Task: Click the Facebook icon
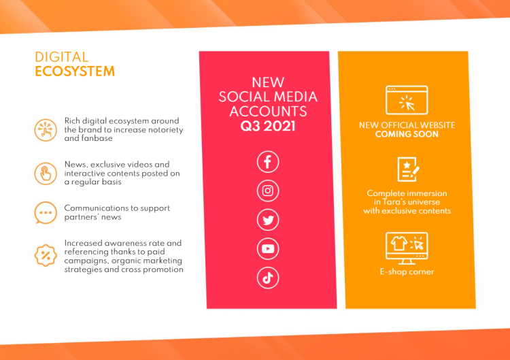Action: (x=268, y=161)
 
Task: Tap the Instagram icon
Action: (x=268, y=191)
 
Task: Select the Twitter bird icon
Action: (x=268, y=220)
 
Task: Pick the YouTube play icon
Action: (x=268, y=248)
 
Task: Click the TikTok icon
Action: (x=268, y=278)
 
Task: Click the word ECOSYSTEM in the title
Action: (x=75, y=71)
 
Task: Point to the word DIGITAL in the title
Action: (x=61, y=57)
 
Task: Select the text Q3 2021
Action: (x=268, y=127)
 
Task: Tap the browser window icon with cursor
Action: (x=407, y=100)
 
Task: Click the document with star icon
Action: (x=408, y=169)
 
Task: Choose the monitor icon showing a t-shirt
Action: (x=407, y=248)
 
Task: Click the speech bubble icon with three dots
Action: (x=46, y=212)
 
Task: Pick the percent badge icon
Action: (x=46, y=255)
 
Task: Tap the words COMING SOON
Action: (x=407, y=134)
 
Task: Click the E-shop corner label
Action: (x=407, y=272)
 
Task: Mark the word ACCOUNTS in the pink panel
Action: (x=268, y=112)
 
